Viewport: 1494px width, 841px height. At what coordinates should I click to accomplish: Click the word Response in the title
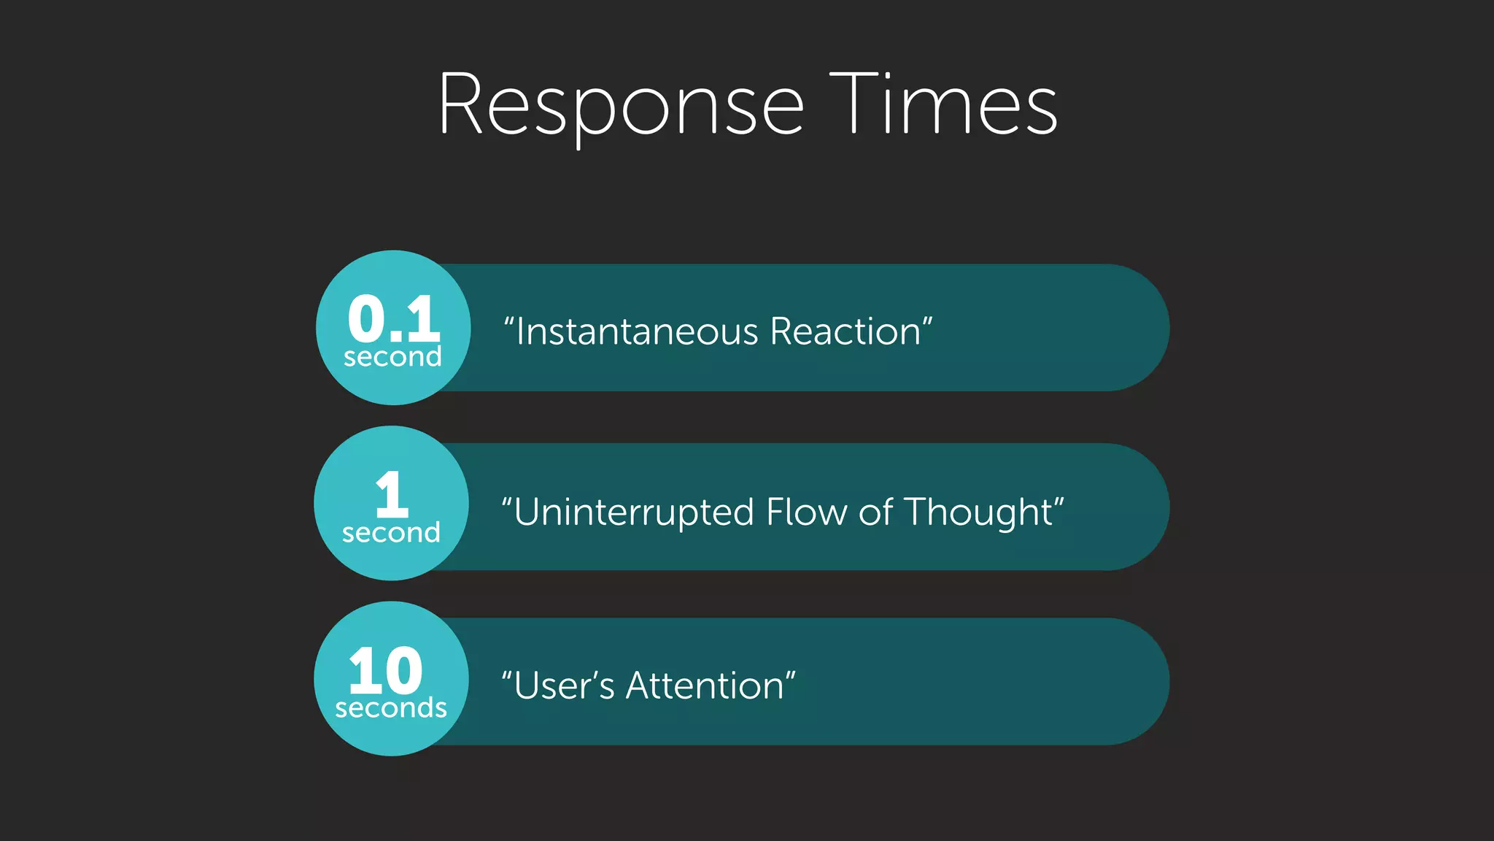coord(621,106)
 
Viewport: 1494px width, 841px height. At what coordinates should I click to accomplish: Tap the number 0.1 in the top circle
coord(394,319)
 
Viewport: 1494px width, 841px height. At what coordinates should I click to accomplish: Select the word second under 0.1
coord(392,357)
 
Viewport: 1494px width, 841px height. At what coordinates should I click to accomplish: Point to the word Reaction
coord(845,332)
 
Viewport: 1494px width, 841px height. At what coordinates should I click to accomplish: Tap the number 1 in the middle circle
coord(392,494)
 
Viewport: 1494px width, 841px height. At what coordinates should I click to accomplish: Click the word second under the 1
coord(391,533)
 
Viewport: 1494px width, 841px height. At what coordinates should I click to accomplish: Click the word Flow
coord(808,512)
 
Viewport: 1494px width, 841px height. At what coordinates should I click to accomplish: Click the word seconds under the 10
coord(391,708)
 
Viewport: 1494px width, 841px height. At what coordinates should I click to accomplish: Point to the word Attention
coord(705,686)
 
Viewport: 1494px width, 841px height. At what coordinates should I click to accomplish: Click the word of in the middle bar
coord(875,512)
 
